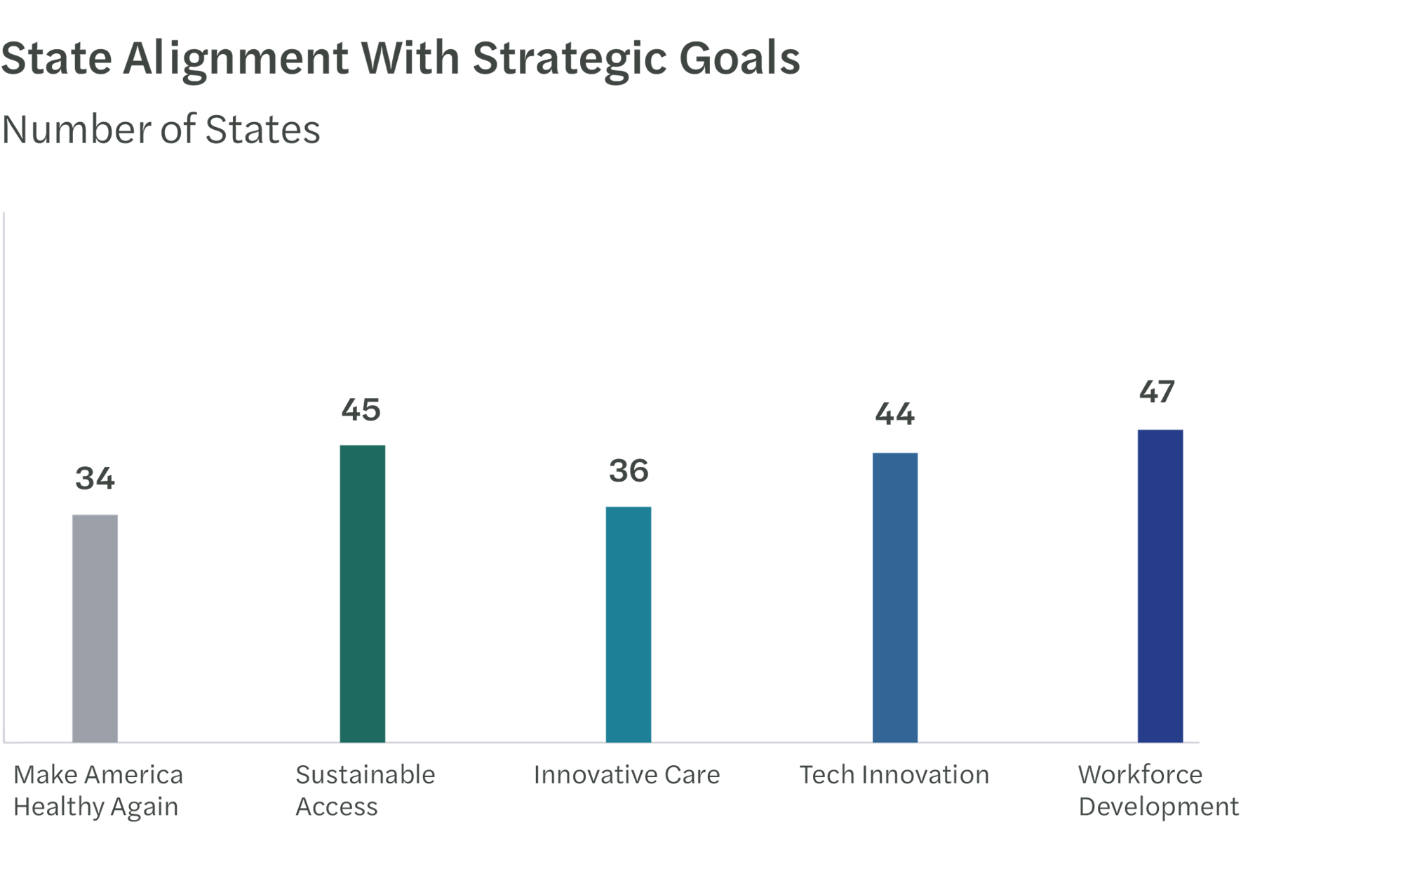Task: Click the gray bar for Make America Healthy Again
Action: click(x=95, y=628)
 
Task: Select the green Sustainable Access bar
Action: click(x=362, y=592)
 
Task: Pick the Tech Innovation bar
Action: click(x=894, y=597)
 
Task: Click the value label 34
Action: click(x=95, y=479)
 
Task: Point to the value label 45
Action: click(x=361, y=410)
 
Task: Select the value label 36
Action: click(x=629, y=471)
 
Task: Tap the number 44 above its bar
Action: click(x=894, y=414)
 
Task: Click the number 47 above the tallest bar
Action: click(x=1156, y=392)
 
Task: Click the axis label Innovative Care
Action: click(x=626, y=775)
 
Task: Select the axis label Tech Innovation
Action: click(x=894, y=775)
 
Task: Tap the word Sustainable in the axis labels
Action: click(x=365, y=775)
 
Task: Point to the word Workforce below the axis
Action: click(x=1140, y=775)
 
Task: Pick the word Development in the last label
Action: click(x=1158, y=807)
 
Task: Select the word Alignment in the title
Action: click(x=235, y=59)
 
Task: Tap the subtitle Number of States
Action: click(x=161, y=130)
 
